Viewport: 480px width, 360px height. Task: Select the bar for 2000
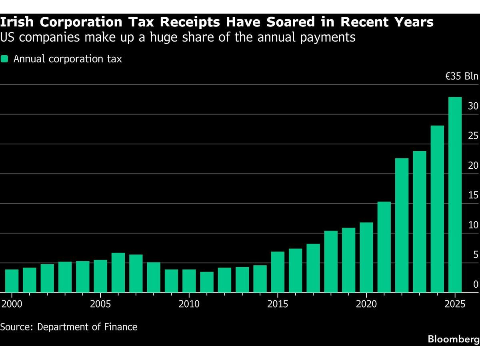tap(12, 281)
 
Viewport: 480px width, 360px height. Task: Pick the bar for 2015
tap(278, 272)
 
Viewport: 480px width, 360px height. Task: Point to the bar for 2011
tap(207, 282)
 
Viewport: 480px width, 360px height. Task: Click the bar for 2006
tap(118, 272)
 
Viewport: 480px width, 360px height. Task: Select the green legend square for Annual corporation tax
tap(4, 59)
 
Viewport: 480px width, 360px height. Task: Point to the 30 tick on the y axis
tap(473, 106)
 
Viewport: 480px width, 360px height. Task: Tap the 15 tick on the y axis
tap(473, 195)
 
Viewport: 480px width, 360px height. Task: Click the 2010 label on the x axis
tap(189, 304)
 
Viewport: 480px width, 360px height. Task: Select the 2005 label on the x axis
tap(100, 304)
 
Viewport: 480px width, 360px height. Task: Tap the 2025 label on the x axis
tap(455, 304)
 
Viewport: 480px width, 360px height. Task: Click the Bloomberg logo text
tap(453, 339)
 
